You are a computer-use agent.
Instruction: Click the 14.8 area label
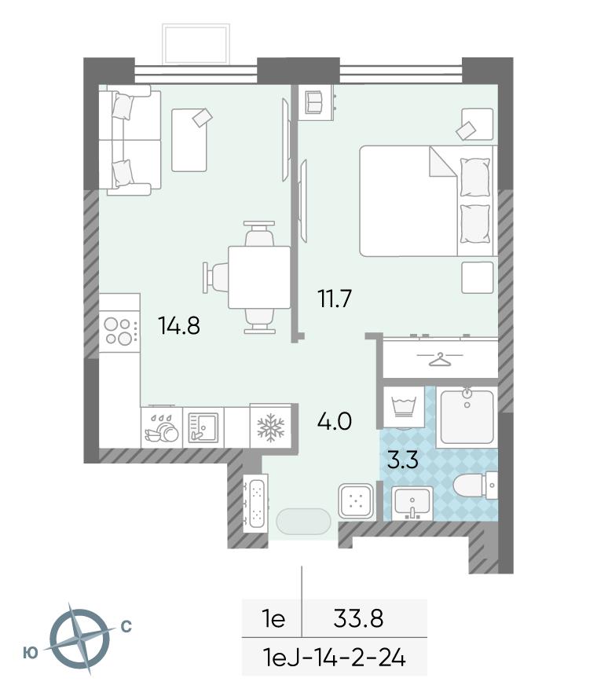[x=179, y=325]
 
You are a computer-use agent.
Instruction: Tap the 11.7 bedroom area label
[x=335, y=299]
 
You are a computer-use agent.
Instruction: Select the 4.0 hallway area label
[x=335, y=421]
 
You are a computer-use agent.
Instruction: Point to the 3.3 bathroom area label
[x=403, y=460]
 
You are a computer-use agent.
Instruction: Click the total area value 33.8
[x=358, y=619]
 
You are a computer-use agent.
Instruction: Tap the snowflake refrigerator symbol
[x=271, y=426]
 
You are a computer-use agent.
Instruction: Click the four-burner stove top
[x=119, y=331]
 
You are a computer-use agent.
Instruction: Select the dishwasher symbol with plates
[x=161, y=428]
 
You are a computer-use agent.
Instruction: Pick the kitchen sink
[x=203, y=427]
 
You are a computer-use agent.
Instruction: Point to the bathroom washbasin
[x=412, y=503]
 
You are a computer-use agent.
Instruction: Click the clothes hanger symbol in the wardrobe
[x=440, y=359]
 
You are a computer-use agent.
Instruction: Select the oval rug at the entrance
[x=304, y=521]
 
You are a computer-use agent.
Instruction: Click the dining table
[x=259, y=277]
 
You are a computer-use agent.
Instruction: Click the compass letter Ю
[x=30, y=653]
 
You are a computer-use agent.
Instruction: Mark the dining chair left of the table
[x=216, y=277]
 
